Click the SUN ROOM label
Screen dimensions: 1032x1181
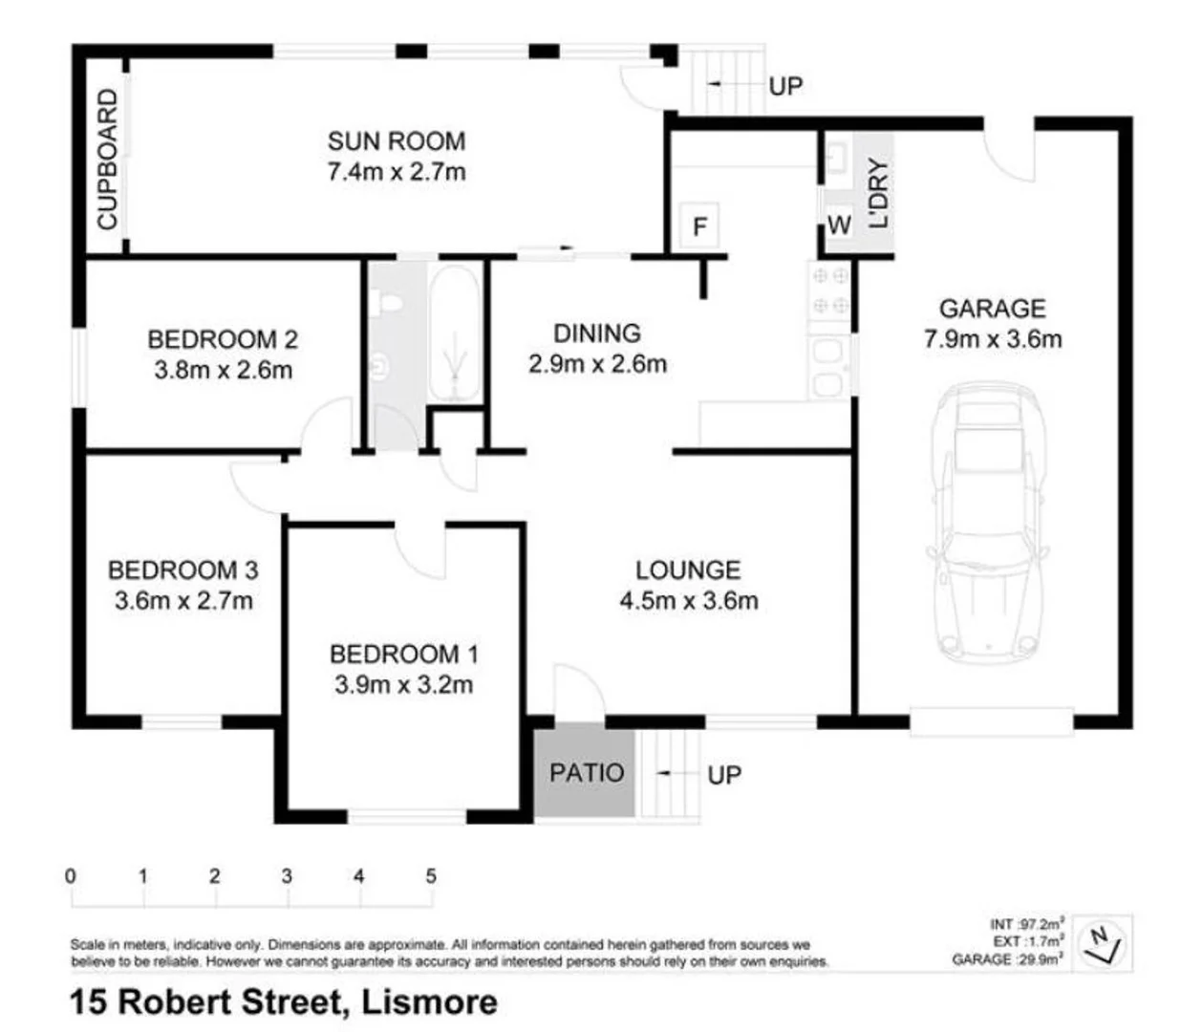396,141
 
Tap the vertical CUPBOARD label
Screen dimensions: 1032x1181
107,159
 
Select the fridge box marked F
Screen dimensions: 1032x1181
699,226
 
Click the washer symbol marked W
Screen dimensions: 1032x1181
838,226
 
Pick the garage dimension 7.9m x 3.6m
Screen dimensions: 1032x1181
992,339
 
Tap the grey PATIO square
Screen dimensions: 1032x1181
585,772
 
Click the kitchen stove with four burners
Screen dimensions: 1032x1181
828,290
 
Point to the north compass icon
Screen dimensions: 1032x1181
1103,942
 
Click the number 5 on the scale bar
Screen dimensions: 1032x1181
431,875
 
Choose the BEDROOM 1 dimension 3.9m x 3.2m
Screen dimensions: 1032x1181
403,685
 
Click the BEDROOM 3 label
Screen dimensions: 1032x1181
183,570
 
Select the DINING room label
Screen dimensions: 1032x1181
597,333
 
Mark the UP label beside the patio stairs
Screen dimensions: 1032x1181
724,775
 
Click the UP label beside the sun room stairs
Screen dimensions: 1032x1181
785,86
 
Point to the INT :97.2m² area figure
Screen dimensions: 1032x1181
1026,924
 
